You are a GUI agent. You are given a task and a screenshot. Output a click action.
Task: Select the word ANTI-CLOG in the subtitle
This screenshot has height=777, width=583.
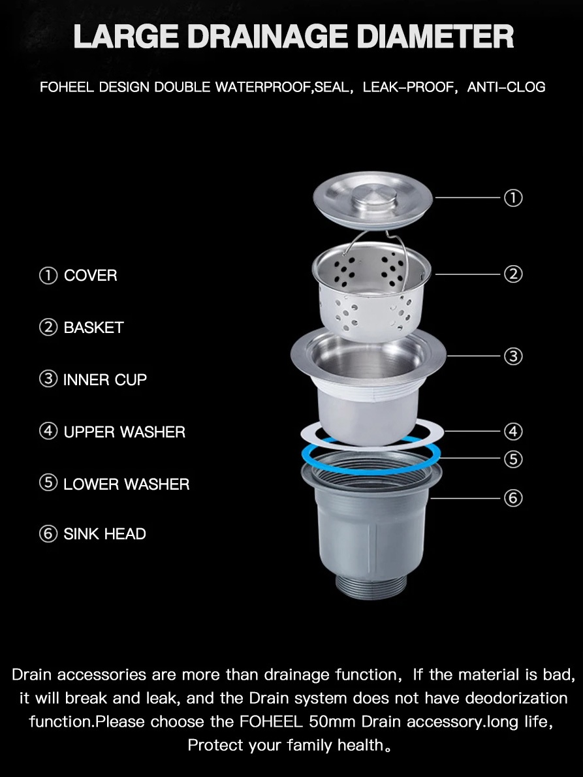[506, 87]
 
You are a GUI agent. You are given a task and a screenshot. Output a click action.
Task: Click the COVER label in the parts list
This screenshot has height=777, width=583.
[91, 276]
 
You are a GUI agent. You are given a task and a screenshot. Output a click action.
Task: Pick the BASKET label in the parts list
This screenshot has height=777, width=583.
[93, 328]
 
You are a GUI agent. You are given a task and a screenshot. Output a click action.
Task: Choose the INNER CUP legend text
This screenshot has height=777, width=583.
[105, 379]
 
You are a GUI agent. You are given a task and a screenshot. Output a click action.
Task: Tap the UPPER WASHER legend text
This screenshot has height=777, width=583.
[124, 432]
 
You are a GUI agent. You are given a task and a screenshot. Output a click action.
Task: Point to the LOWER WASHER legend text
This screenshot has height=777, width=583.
[126, 484]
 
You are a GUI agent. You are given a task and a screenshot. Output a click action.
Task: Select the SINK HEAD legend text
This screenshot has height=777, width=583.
[104, 534]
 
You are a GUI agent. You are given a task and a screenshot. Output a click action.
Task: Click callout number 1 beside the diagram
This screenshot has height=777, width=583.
[513, 198]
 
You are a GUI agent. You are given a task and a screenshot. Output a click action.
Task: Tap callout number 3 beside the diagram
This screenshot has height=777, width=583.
[513, 357]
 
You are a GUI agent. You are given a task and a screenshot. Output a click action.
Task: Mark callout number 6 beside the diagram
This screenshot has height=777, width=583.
[513, 498]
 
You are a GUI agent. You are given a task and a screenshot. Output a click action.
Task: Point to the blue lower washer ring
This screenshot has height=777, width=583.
[371, 469]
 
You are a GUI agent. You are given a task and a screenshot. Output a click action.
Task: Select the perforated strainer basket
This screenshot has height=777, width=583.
[371, 293]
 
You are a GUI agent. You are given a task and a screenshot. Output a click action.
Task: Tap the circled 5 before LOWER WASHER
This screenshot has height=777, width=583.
[48, 483]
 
